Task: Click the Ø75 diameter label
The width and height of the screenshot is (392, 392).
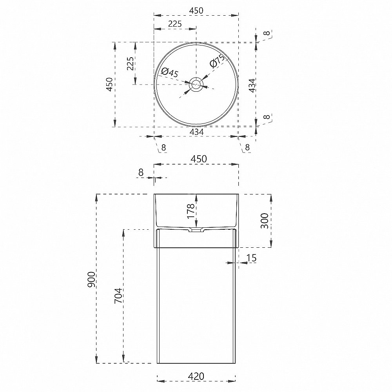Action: coord(218,61)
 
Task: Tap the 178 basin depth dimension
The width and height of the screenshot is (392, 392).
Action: coord(191,211)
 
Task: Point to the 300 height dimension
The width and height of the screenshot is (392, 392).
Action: coord(264,221)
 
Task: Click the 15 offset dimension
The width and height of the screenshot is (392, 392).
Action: coord(251,258)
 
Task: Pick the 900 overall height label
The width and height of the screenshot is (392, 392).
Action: coord(91,279)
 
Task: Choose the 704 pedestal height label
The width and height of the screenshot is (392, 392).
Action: coord(118,296)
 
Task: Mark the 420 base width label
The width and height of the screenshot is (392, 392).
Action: coord(196,376)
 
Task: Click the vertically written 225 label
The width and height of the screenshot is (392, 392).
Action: coord(130,64)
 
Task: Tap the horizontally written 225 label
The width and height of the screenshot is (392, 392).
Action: coord(175,24)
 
